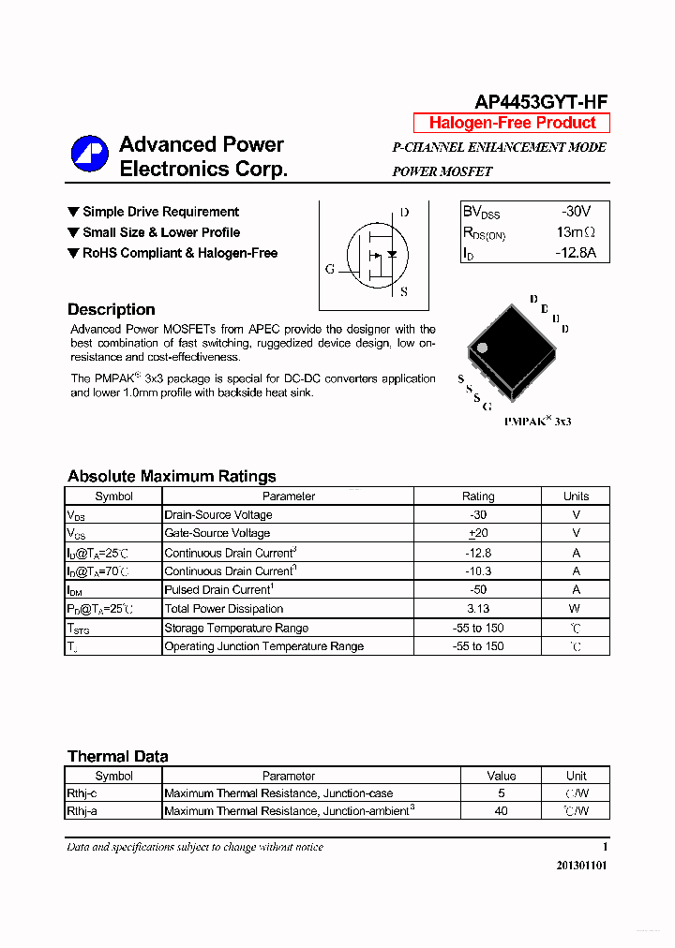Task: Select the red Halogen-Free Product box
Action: (512, 123)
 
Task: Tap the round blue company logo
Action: (90, 156)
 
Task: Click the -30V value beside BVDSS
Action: (576, 212)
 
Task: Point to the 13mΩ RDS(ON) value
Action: (576, 232)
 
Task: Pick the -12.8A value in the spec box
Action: (575, 253)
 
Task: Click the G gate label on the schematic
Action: (330, 269)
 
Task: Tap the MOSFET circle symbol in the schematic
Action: (377, 255)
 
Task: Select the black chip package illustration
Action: (506, 348)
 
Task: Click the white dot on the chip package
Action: (483, 348)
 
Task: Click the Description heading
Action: (111, 309)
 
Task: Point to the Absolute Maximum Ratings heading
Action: (172, 476)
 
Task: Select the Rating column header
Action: (478, 496)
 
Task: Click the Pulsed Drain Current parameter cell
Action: (218, 590)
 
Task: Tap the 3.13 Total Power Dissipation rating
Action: (478, 609)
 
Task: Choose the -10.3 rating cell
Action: (478, 571)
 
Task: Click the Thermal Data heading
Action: (118, 756)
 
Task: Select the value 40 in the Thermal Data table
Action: (501, 811)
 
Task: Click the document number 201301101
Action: (581, 866)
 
